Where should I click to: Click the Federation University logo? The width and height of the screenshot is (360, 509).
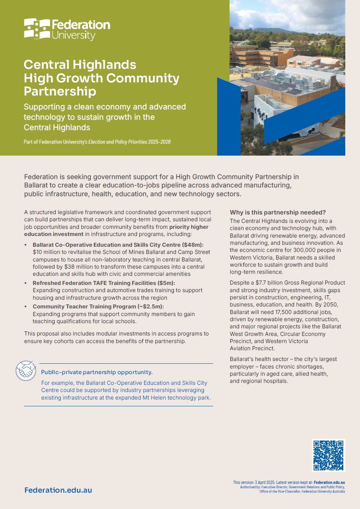67,29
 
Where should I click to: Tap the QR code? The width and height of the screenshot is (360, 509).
328,455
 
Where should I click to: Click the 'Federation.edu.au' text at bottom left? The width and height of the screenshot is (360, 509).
58,490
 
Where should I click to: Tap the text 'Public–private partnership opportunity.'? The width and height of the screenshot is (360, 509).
97,372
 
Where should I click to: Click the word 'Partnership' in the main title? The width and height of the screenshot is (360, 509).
60,91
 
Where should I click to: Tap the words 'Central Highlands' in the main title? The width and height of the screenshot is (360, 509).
80,64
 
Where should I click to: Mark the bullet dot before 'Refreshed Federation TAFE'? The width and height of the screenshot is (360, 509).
26,283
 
